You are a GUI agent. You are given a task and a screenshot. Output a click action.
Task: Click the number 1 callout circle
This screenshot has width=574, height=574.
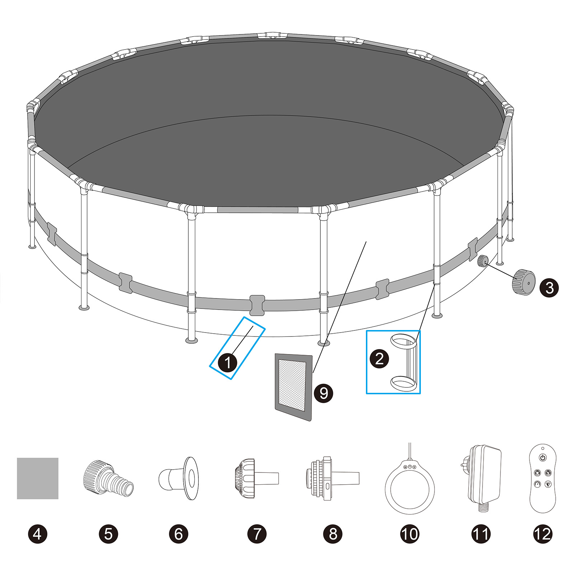[228, 362]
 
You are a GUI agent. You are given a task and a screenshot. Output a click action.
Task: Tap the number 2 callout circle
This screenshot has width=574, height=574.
[379, 358]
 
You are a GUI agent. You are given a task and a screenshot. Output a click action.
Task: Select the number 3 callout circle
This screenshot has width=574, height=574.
[549, 288]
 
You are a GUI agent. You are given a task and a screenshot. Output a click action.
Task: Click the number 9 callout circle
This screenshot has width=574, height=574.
[323, 393]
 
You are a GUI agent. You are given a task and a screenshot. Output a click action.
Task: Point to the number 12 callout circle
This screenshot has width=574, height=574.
[542, 534]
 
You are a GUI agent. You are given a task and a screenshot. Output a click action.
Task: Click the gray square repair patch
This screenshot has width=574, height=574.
[38, 478]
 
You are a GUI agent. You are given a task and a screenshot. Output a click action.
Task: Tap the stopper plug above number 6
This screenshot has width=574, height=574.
[179, 478]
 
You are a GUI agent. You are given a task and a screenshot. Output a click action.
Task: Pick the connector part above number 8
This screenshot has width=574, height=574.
[332, 478]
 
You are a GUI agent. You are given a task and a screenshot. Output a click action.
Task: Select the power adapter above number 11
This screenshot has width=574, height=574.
[484, 474]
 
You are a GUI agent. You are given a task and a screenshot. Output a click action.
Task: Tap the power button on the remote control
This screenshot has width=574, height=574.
[543, 458]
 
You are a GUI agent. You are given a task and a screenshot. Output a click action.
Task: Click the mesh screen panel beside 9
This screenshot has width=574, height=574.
[293, 387]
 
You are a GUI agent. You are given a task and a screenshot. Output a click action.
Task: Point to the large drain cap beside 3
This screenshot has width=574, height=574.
[523, 282]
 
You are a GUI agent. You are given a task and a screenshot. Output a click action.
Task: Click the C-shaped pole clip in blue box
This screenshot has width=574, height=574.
[405, 362]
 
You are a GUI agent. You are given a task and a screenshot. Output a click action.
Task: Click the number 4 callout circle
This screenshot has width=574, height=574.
[37, 534]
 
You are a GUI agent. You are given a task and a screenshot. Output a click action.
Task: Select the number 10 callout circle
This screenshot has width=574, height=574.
[409, 534]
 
